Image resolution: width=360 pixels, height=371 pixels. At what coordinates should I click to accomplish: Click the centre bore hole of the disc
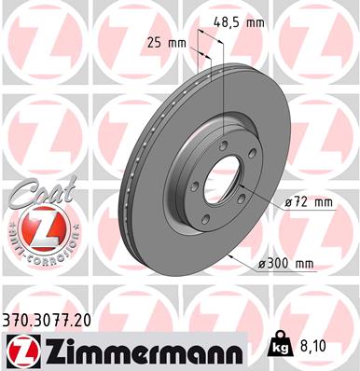222,172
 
